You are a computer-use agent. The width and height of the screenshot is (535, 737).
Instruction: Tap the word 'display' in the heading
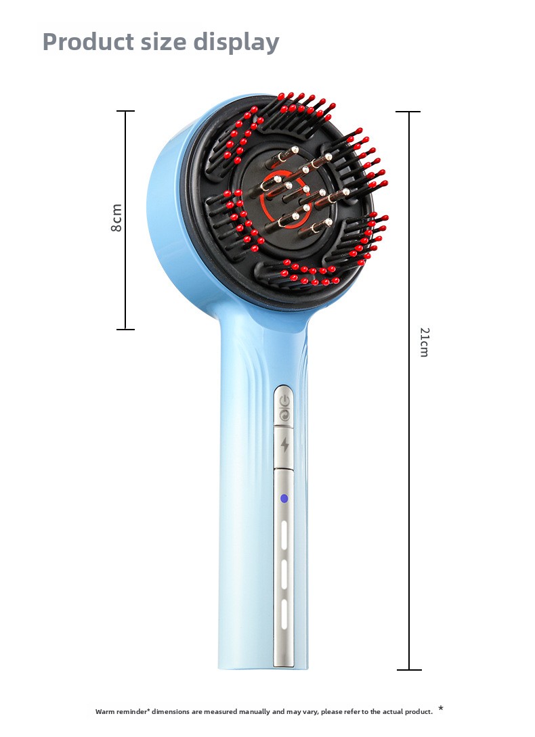(236, 43)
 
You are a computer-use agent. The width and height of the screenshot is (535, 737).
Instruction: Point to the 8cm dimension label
(116, 218)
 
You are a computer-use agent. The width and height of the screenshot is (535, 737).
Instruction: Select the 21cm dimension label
(425, 342)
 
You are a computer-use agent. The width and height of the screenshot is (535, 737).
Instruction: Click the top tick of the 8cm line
(126, 111)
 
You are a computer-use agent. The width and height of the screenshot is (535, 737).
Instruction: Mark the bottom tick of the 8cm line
(126, 329)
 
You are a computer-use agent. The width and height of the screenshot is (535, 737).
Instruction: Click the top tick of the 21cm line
(408, 112)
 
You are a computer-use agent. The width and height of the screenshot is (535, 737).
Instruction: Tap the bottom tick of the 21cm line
(409, 669)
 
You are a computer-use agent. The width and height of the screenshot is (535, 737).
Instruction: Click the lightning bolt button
(284, 445)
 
